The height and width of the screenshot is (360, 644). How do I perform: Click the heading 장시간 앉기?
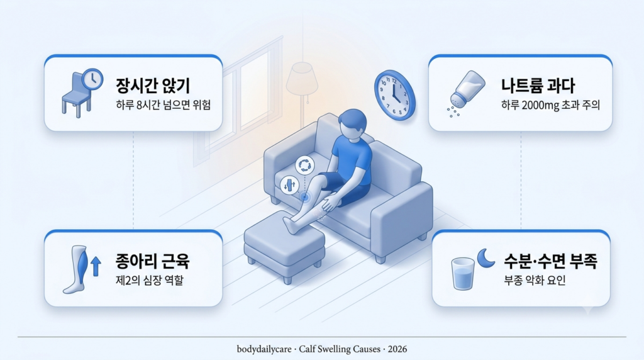[153, 86]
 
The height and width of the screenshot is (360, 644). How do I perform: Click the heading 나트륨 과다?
[538, 86]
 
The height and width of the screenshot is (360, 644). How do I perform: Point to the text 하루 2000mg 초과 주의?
[550, 105]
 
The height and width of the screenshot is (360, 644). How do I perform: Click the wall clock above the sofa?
[394, 95]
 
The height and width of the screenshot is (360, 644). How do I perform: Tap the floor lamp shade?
[302, 79]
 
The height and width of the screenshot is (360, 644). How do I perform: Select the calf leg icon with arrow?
[82, 269]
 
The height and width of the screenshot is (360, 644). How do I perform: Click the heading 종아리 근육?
[152, 261]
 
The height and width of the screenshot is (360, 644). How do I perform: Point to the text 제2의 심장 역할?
[150, 281]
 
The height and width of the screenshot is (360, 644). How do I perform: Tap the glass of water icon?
[463, 274]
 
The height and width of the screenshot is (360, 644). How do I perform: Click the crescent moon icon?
[486, 259]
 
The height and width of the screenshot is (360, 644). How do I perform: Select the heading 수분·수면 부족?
[550, 261]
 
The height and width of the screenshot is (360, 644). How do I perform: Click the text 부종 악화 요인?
[535, 281]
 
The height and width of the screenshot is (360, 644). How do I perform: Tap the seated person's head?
[352, 126]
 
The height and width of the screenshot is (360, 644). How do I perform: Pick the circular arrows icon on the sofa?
[304, 165]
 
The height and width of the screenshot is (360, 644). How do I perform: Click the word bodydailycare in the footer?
[264, 349]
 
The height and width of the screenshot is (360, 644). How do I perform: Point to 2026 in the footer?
[397, 349]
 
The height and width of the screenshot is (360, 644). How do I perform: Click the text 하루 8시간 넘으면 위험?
[163, 105]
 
